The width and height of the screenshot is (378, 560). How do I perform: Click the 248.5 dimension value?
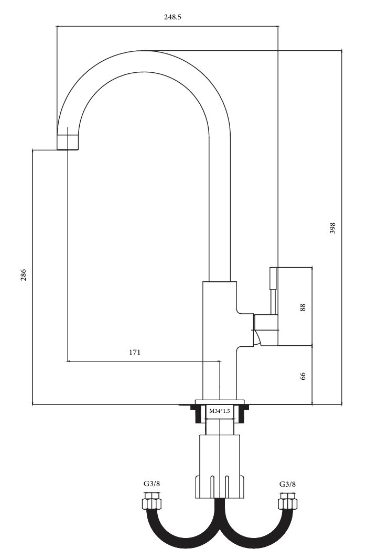[172, 17]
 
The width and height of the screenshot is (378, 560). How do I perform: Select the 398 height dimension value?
[332, 228]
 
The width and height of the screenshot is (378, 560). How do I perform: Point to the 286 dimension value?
[23, 275]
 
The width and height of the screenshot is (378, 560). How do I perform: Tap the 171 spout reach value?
[135, 352]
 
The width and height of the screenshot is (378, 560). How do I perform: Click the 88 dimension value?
[303, 308]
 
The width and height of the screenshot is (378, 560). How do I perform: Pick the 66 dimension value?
[303, 376]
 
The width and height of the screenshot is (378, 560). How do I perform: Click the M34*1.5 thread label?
[219, 411]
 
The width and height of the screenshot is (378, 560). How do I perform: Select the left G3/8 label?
[152, 484]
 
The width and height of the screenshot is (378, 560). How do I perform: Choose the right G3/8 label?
[288, 484]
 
